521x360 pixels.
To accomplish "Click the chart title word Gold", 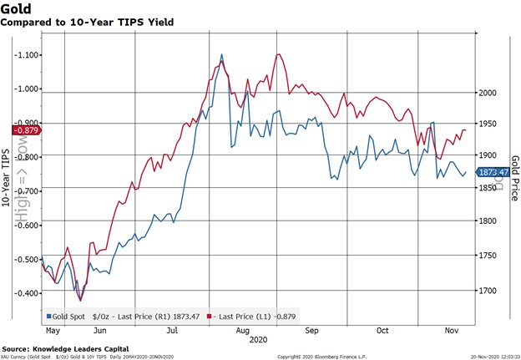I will click(x=18, y=8).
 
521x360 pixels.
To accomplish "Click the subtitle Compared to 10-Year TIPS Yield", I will click(x=89, y=23).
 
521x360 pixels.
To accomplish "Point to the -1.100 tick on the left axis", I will click(x=27, y=55).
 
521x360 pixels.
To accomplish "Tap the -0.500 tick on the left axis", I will click(x=27, y=259).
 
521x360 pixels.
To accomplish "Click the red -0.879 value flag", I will click(x=20, y=129).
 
